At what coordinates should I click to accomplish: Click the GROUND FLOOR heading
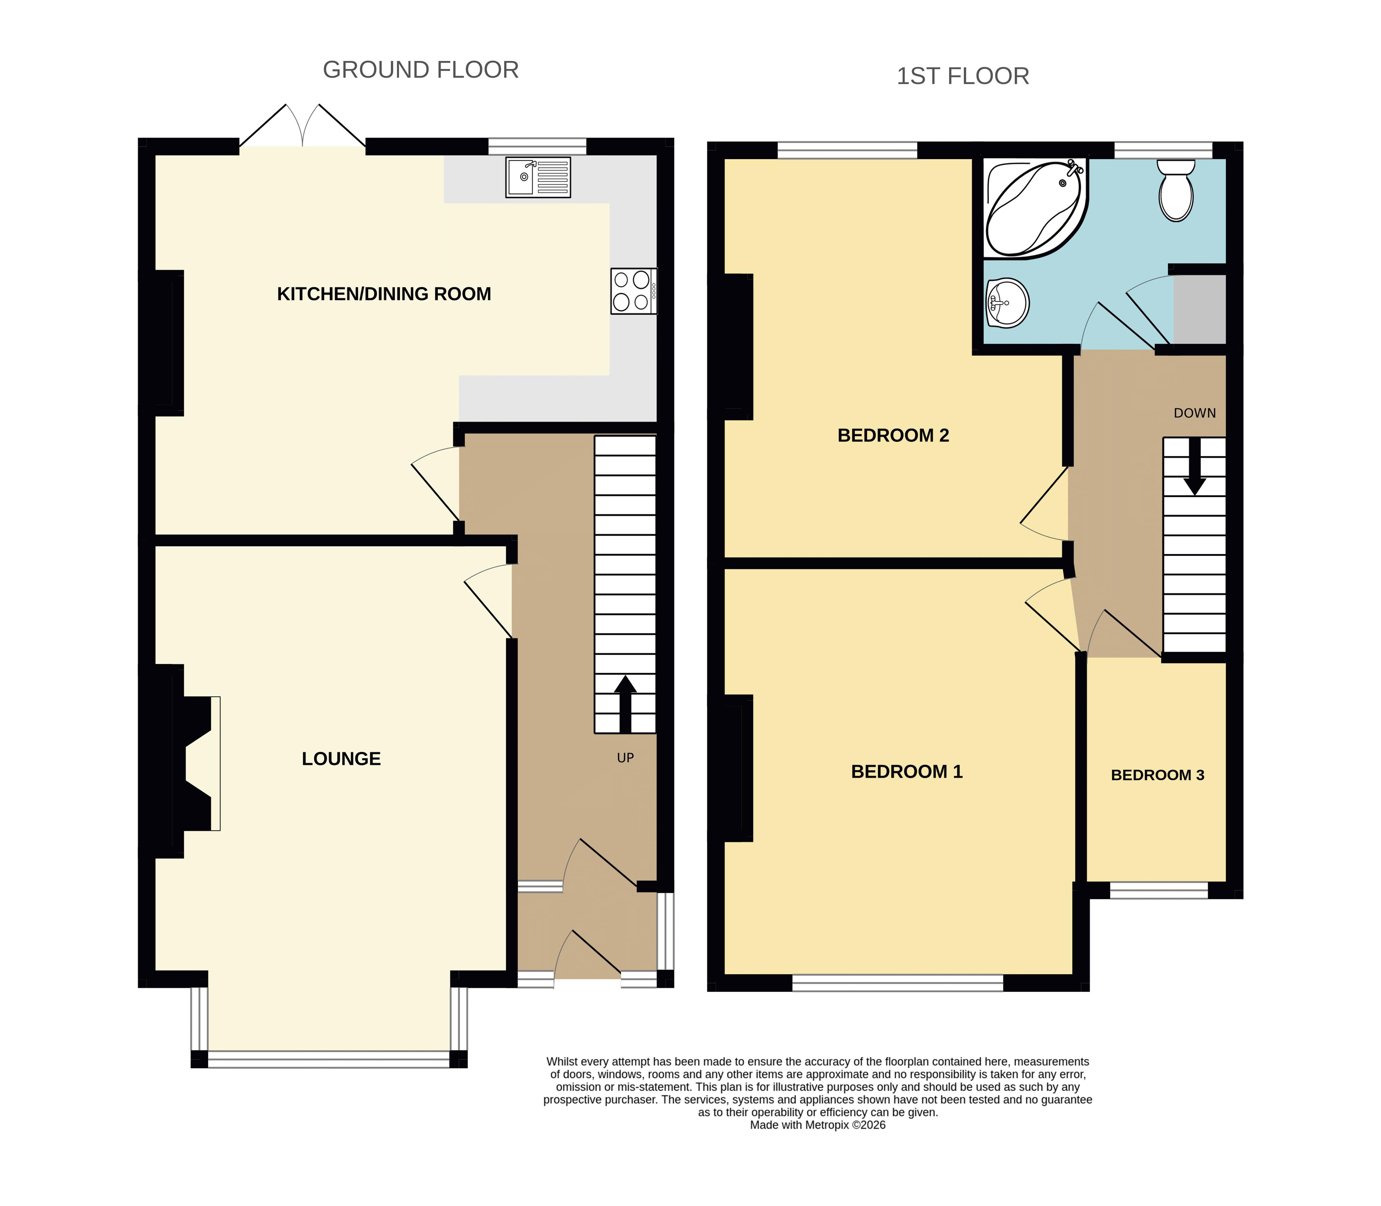420,70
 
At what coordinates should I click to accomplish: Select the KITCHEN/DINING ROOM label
384,294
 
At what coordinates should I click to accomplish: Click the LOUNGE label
341,759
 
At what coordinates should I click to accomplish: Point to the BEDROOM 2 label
893,435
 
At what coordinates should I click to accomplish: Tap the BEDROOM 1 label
907,772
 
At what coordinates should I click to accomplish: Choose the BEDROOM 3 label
1158,775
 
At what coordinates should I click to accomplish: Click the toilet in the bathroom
1176,191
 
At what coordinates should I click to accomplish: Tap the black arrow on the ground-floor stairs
625,704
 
